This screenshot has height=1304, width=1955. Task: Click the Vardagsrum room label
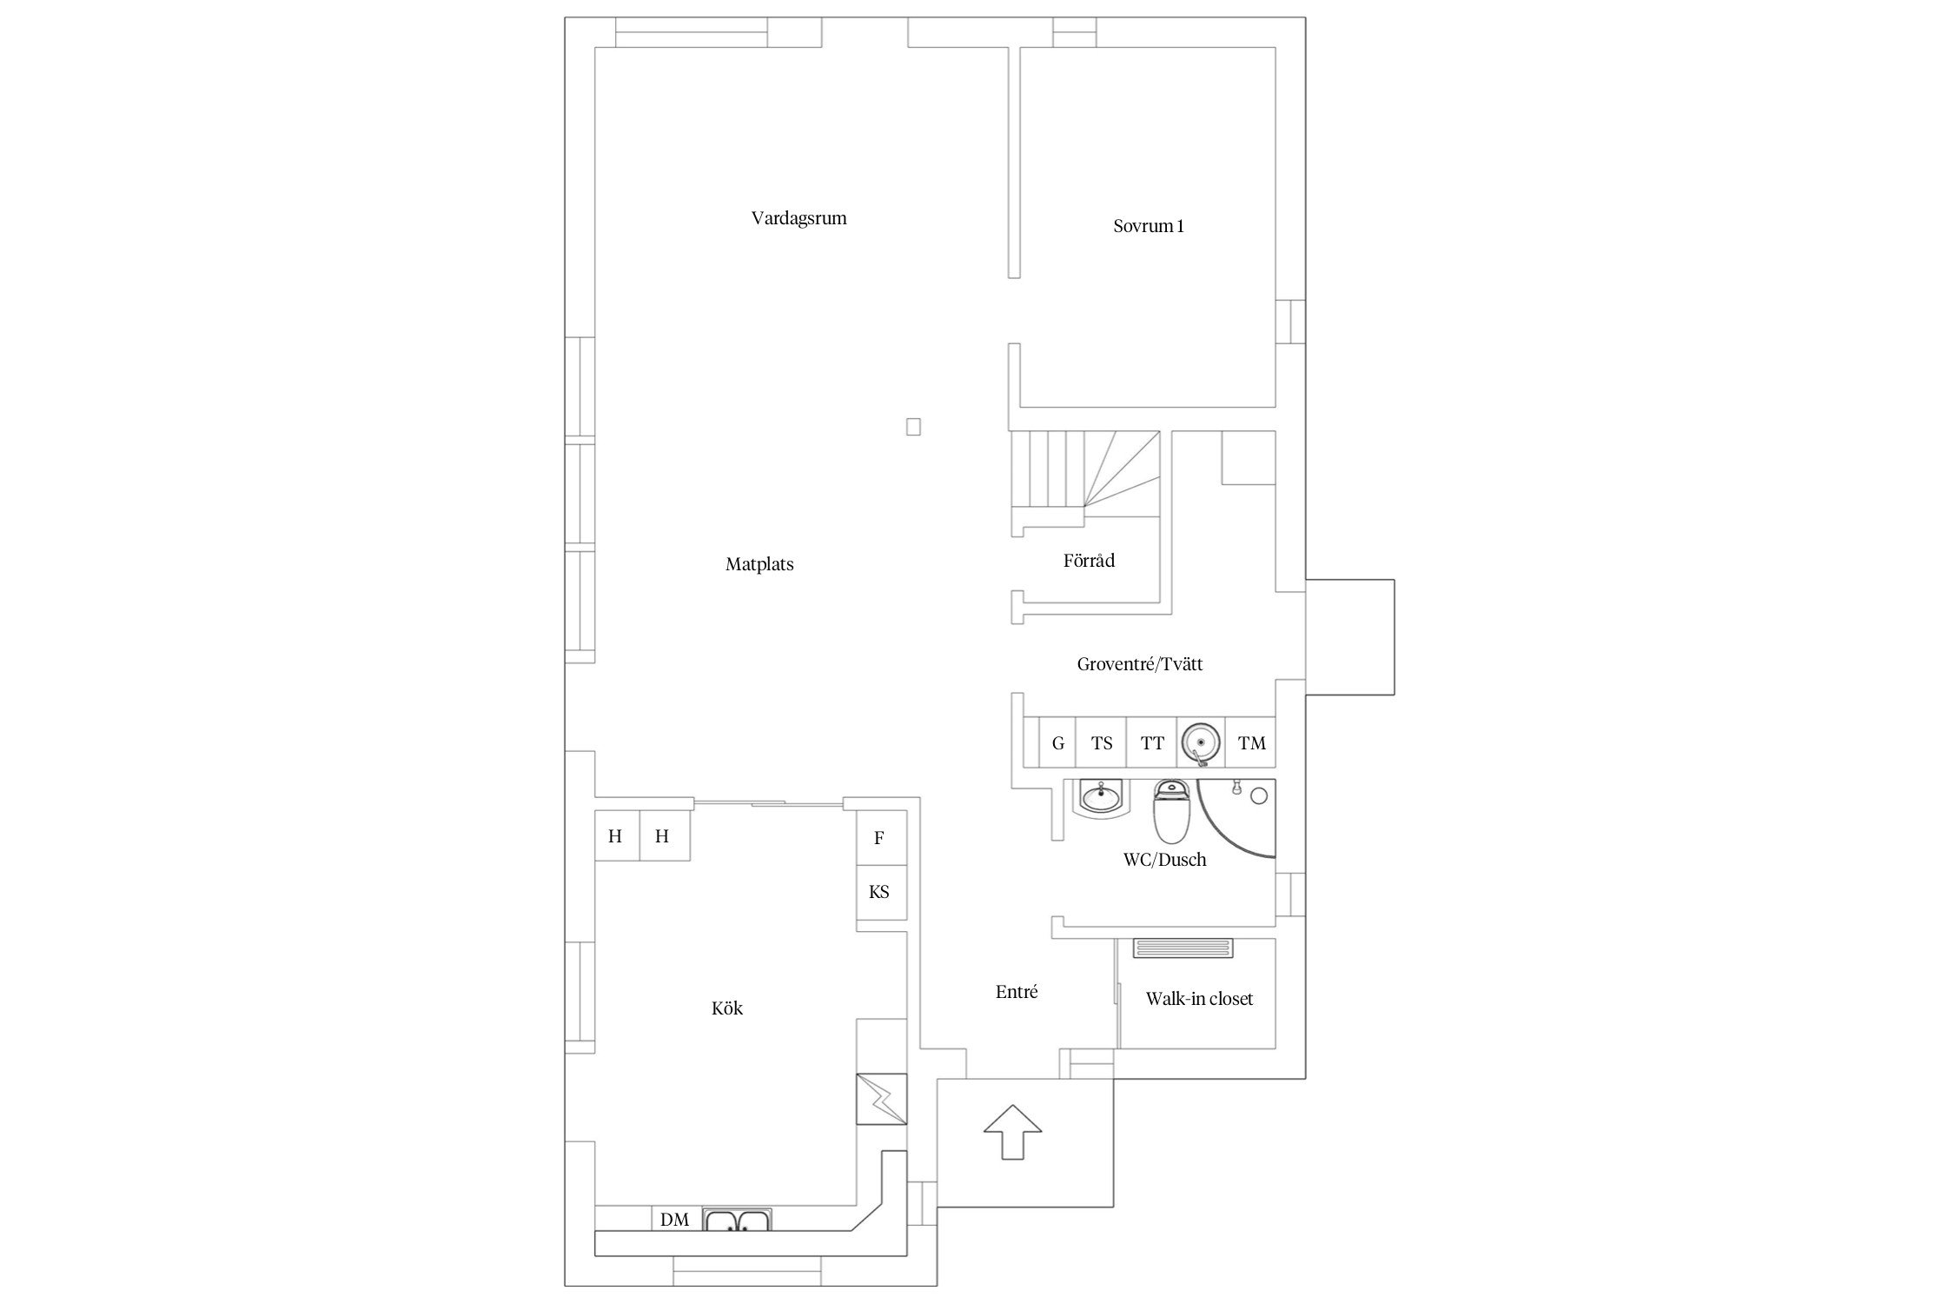[x=799, y=218]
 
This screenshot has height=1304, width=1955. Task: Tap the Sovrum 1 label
[x=1148, y=226]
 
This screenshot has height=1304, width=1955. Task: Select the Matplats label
[x=759, y=564]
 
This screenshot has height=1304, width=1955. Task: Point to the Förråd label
[x=1089, y=560]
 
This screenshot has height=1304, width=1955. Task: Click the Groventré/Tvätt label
[x=1140, y=664]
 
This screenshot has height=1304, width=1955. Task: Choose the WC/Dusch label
[x=1164, y=860]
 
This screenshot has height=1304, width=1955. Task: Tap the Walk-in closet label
[x=1199, y=999]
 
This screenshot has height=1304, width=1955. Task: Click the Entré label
[x=1017, y=992]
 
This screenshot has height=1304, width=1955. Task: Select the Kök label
[x=727, y=1008]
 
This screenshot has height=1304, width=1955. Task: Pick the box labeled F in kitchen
[x=881, y=837]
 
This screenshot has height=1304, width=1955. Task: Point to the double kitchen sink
[x=737, y=1221]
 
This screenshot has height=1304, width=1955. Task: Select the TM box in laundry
[x=1251, y=742]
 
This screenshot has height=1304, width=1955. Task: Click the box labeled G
[x=1057, y=742]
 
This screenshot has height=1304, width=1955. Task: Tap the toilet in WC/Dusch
[x=1170, y=811]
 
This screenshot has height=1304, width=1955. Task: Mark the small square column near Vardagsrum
[x=913, y=427]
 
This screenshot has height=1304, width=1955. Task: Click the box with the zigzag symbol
[x=882, y=1099]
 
